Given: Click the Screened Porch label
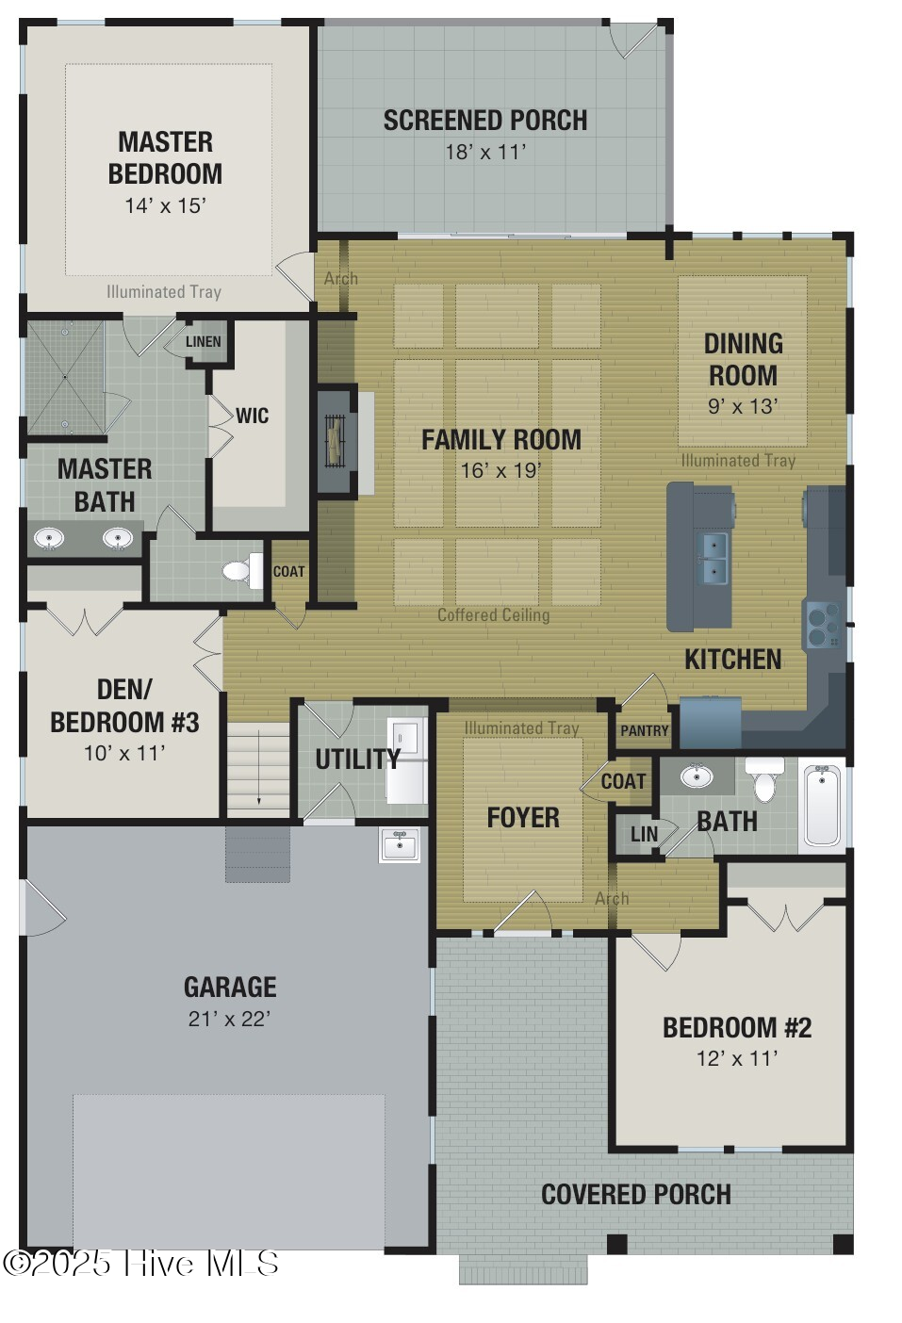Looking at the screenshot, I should pos(484,121).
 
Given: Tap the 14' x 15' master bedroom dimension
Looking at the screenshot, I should pos(165,205).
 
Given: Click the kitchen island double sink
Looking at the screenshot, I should pos(713,558).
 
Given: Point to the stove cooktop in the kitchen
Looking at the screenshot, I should pos(823,624).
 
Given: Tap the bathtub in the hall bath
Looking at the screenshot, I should pos(822,806).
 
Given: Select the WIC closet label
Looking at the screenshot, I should pos(252,416).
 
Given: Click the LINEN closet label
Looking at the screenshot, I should pos(203,342).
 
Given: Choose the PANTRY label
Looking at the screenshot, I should pos(644,730).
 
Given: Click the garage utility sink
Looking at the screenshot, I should pos(400,844).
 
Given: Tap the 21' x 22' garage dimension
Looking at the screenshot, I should pos(229,1019).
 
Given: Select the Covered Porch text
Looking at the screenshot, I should pos(635,1195).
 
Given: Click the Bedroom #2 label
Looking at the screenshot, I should pos(736,1027).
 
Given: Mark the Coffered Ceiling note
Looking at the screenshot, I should pos(493,615).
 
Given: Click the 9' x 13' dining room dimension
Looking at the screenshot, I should pos(743,406).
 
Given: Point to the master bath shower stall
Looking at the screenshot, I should pos(64,377).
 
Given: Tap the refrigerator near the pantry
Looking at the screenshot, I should pos(710,722).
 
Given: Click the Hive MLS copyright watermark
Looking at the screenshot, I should pos(141,1264).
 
